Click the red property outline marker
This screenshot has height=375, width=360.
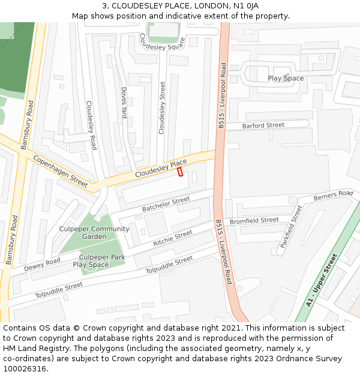pos(180,172)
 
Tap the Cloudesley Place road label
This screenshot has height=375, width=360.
pos(161,168)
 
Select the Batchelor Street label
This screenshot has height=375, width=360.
pos(166,205)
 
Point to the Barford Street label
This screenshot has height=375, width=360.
pos(263,125)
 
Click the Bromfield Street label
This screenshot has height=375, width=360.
pos(254,221)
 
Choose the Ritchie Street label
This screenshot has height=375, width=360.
pos(173,238)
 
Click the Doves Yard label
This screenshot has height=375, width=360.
pos(124,103)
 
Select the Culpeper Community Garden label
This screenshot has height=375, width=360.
pos(94,233)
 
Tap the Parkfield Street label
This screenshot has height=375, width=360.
pos(292,227)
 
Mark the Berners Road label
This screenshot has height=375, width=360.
pos(333,195)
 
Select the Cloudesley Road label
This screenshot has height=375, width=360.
pos(91,125)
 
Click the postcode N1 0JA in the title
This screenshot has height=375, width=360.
pos(246,5)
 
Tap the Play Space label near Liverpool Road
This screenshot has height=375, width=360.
pos(286,79)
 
